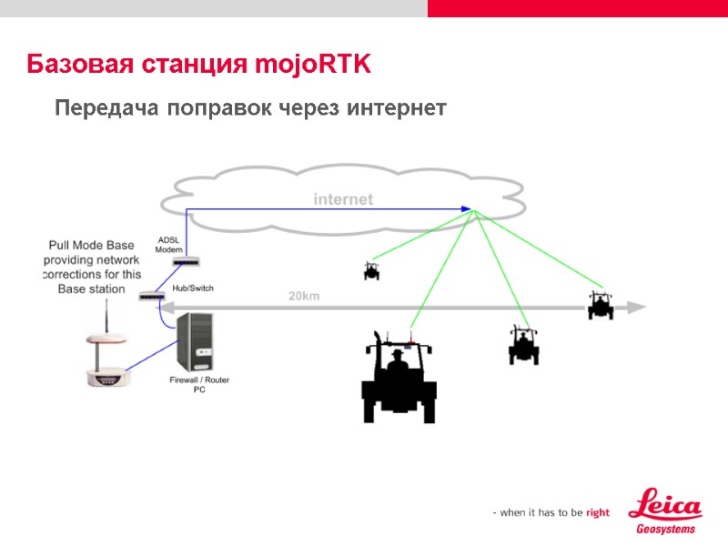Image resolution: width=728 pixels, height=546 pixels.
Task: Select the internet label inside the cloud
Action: (x=343, y=198)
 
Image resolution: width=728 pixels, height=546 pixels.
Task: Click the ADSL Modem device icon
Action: (x=185, y=262)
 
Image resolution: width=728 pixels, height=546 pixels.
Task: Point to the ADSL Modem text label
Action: (x=170, y=244)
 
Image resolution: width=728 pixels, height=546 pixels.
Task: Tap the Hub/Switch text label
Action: (x=192, y=288)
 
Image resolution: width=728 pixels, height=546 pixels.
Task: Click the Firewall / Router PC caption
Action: (x=199, y=384)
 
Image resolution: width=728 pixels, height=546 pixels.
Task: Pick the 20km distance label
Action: (x=304, y=296)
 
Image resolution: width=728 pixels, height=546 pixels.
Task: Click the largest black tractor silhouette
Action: (x=399, y=378)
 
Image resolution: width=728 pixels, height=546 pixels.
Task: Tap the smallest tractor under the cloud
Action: (x=371, y=270)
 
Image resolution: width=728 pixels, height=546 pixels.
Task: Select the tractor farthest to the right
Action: (x=600, y=305)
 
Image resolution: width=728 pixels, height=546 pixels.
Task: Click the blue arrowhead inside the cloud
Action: (x=466, y=209)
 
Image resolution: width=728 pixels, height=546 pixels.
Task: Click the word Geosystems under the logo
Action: (x=665, y=529)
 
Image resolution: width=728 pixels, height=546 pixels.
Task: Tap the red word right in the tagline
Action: (x=598, y=512)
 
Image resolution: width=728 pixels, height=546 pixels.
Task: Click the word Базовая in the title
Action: (x=80, y=66)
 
